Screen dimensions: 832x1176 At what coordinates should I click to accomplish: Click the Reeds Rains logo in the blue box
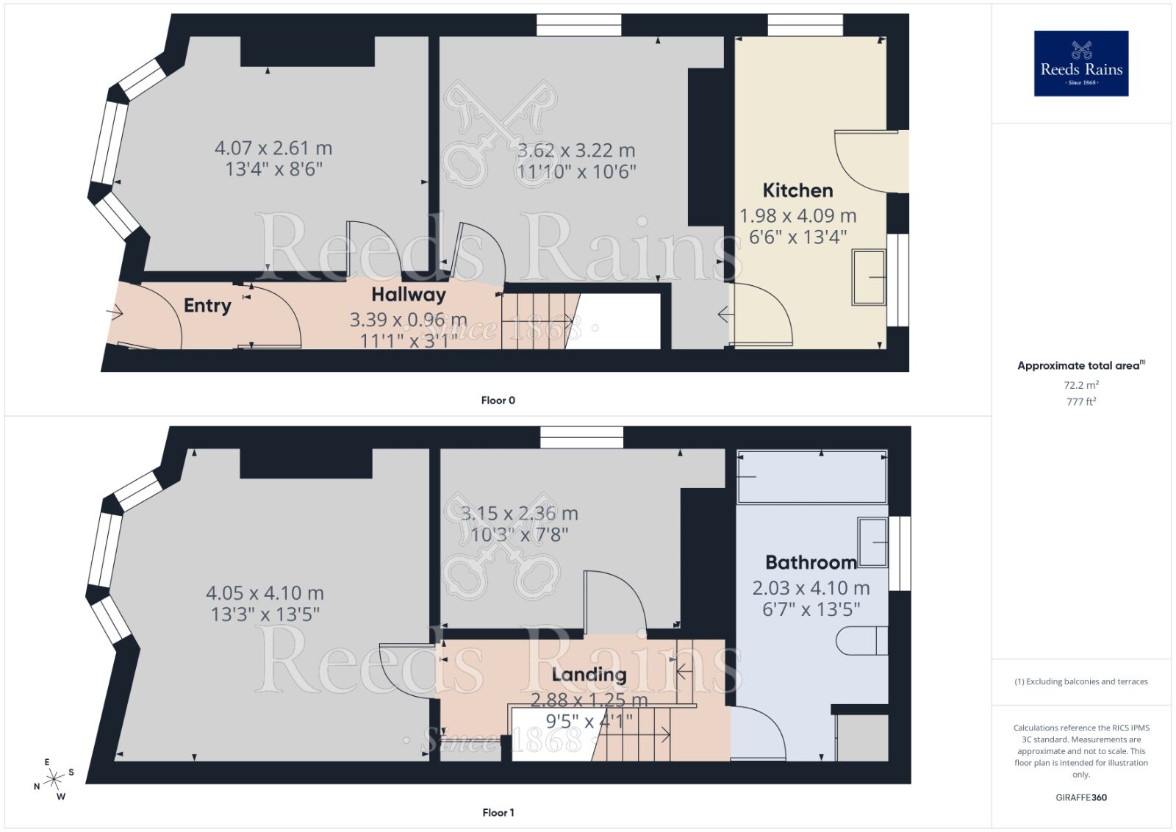[1080, 63]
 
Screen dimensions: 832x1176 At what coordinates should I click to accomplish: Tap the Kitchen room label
[797, 190]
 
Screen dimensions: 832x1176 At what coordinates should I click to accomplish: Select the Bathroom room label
[811, 562]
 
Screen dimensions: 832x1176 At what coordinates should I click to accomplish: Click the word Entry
[207, 305]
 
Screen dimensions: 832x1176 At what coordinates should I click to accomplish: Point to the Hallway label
[409, 295]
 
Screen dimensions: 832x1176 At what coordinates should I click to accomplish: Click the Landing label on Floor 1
[589, 674]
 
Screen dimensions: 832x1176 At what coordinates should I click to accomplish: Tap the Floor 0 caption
[498, 401]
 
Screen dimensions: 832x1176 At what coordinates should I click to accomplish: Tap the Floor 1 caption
[498, 812]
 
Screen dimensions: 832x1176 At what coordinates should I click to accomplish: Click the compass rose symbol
[54, 780]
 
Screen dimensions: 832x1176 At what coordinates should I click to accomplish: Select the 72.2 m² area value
[1080, 385]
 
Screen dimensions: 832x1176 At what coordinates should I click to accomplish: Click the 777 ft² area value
[1080, 401]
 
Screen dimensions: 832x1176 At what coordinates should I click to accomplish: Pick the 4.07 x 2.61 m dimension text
[273, 148]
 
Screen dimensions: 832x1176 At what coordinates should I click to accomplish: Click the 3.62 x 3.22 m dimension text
[576, 151]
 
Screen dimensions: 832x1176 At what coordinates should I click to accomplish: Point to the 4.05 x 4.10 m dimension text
[265, 593]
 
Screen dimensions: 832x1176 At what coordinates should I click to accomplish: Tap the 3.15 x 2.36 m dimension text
[519, 514]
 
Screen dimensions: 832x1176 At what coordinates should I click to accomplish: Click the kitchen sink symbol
[869, 277]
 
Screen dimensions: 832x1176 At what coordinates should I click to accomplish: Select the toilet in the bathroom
[862, 639]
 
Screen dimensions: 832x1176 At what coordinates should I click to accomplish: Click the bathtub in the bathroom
[811, 477]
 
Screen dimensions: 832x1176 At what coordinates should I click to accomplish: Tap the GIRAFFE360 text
[1080, 797]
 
